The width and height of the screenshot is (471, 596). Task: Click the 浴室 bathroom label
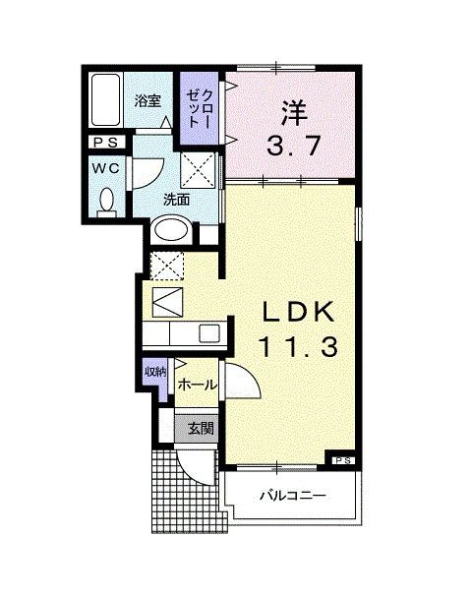(147, 100)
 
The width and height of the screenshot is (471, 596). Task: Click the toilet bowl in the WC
(107, 202)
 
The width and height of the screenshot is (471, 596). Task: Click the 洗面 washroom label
(176, 200)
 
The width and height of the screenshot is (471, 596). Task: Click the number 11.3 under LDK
(298, 346)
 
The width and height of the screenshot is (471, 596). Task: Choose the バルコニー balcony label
(293, 494)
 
